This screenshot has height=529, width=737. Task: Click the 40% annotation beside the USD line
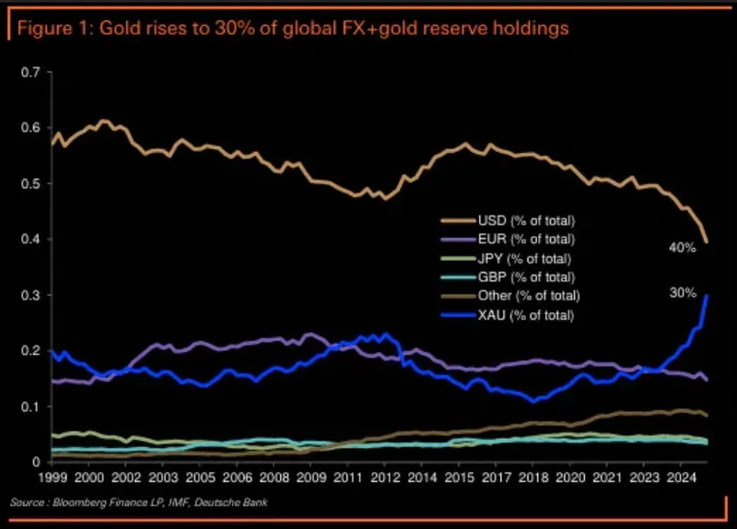[682, 247]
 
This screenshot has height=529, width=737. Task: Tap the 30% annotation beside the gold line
[682, 293]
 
